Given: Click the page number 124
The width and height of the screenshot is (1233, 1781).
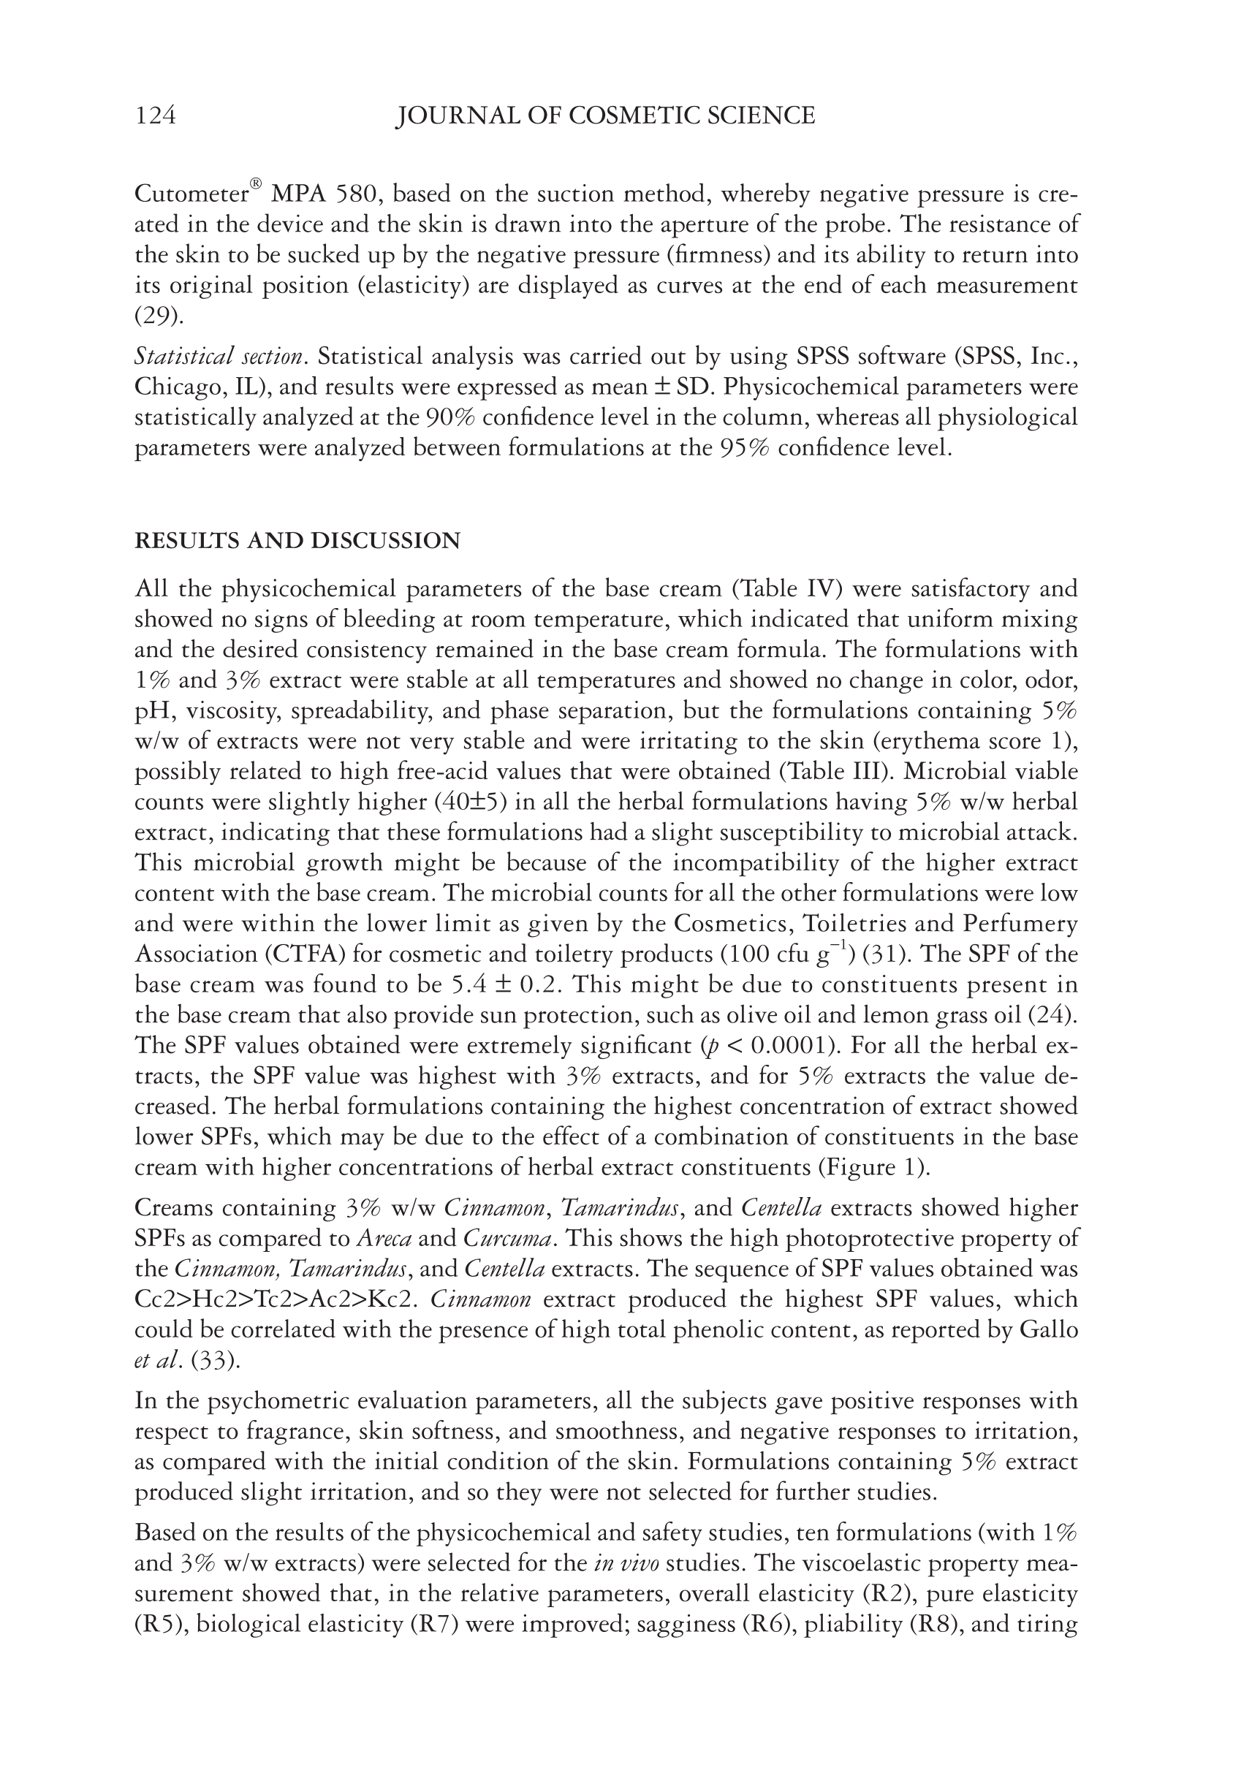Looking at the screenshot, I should tap(155, 116).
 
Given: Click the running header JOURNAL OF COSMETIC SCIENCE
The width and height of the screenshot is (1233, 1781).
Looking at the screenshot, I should tap(605, 116).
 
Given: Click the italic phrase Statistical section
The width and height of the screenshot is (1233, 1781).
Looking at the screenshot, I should tap(219, 357).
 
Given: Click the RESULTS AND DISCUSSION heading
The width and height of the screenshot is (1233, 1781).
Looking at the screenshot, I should tap(297, 541).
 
